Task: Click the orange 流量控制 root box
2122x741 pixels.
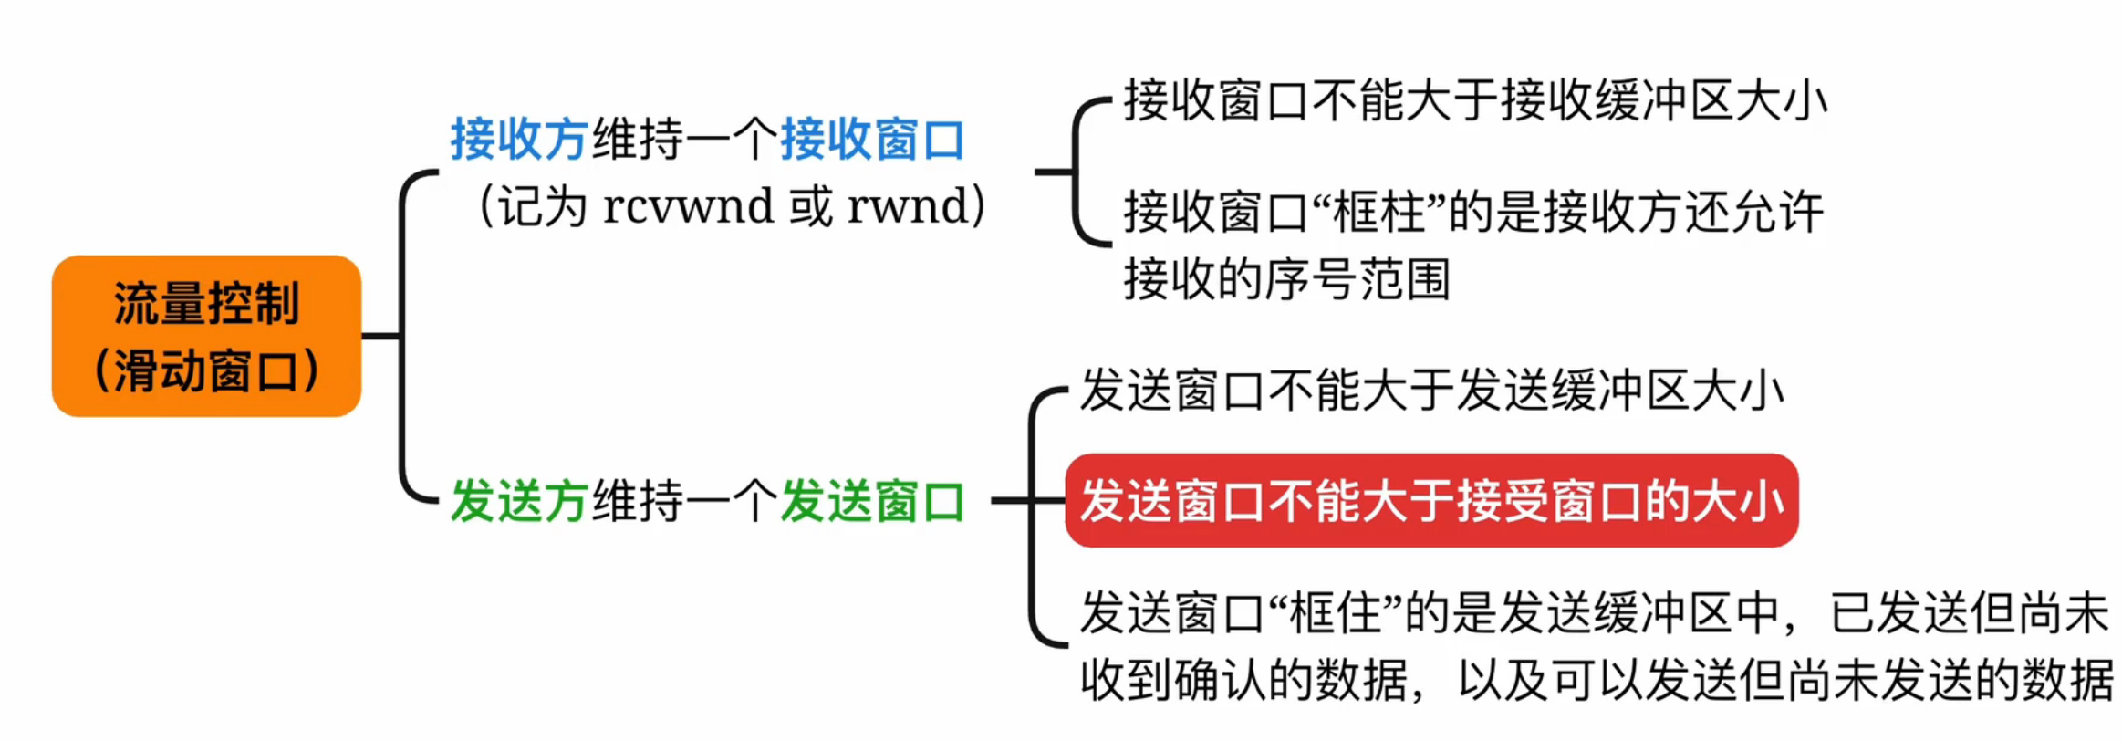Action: click(206, 336)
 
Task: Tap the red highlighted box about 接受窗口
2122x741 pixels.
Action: click(1430, 501)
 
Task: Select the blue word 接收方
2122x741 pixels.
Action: click(518, 141)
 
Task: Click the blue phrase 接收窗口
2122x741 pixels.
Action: click(872, 141)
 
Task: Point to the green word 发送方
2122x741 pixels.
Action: click(518, 501)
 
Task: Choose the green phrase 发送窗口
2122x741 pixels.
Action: click(872, 501)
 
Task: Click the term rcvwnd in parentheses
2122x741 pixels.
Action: click(688, 206)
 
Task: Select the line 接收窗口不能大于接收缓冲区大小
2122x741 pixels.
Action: click(1474, 100)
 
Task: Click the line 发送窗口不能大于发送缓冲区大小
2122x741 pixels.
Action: click(1430, 391)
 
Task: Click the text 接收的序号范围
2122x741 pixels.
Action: click(1286, 279)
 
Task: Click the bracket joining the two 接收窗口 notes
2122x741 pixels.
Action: click(1077, 172)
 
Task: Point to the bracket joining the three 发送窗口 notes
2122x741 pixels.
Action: click(1033, 518)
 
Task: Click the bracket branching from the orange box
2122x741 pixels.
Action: click(403, 336)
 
